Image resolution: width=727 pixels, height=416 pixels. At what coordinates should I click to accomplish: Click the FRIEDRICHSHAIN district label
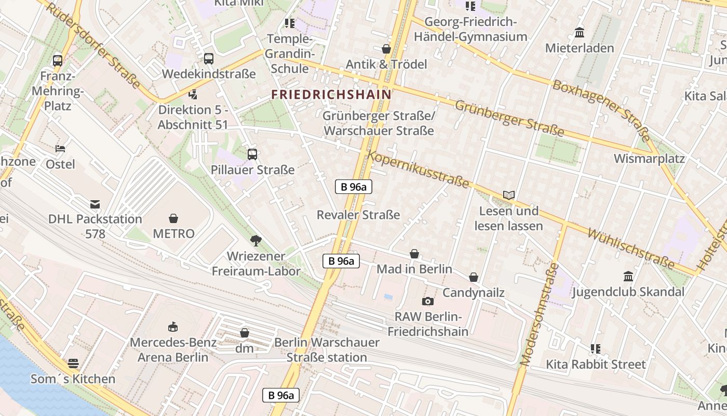(x=331, y=95)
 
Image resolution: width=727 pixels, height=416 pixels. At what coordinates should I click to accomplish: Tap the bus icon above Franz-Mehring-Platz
(x=58, y=60)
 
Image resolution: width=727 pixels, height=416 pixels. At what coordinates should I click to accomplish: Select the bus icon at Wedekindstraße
(x=209, y=59)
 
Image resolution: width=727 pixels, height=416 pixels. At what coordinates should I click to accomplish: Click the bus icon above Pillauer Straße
(x=252, y=154)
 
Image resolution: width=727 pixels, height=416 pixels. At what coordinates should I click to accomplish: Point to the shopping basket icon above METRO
(x=173, y=218)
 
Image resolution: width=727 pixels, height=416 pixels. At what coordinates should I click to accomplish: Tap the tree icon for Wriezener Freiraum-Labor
(x=255, y=240)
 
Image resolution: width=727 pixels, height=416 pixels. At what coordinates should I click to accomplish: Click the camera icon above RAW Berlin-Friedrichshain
(x=428, y=301)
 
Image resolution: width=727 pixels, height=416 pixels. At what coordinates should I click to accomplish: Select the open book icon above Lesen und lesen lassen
(x=509, y=196)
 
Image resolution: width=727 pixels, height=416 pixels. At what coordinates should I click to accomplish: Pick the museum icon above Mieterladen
(x=580, y=33)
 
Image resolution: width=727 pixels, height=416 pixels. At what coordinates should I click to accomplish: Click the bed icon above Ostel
(x=61, y=149)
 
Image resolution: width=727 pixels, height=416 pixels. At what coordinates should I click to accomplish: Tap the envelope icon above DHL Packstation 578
(x=95, y=204)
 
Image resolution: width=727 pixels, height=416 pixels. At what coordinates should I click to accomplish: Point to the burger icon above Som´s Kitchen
(x=73, y=363)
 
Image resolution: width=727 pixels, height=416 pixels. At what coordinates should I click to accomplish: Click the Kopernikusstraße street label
(x=419, y=170)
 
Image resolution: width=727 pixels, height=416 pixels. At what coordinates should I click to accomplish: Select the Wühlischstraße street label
(x=630, y=249)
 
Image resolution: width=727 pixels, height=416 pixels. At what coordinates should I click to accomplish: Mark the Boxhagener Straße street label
(x=601, y=110)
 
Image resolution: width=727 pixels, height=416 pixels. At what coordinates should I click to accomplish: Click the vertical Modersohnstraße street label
(x=539, y=315)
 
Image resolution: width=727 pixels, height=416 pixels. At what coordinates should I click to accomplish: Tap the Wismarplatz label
(x=649, y=159)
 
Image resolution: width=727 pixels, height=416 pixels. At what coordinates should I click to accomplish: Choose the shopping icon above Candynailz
(x=474, y=278)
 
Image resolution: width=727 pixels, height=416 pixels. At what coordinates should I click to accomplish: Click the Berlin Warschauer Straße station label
(x=327, y=350)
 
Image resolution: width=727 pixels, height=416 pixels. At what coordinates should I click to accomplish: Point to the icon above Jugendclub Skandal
(x=628, y=276)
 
